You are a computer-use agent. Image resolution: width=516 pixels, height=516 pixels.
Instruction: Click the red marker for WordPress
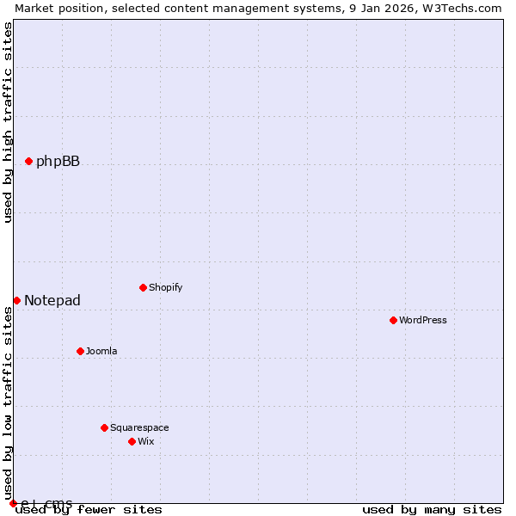[393, 320]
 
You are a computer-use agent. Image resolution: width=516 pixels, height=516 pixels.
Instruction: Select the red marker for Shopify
[143, 287]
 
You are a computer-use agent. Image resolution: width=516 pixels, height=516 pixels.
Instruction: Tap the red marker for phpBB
[28, 161]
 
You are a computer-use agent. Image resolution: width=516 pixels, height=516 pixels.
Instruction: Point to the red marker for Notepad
[16, 300]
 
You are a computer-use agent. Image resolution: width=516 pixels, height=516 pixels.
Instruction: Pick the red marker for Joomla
[80, 351]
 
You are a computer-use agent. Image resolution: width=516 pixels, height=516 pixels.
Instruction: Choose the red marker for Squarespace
[104, 427]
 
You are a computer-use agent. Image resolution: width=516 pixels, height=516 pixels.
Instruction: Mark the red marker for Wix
[132, 441]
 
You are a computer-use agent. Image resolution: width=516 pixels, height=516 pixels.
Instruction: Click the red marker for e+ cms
[13, 503]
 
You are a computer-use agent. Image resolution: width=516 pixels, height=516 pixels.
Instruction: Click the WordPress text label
[423, 320]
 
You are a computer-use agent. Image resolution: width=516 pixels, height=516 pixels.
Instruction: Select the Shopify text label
[166, 287]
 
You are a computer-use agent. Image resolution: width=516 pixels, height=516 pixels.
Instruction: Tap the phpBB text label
[58, 161]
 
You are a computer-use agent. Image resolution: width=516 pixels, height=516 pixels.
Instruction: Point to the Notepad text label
[52, 300]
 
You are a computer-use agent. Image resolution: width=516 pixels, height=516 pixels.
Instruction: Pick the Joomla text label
[101, 351]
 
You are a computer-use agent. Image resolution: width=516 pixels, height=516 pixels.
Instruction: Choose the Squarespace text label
[139, 427]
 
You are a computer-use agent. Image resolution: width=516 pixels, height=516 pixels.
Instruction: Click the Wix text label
[146, 441]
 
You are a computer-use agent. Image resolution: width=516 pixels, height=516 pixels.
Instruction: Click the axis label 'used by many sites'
[432, 509]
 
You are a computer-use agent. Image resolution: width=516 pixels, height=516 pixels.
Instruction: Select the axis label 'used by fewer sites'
[89, 509]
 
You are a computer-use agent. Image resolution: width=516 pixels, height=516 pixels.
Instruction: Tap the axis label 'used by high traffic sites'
[8, 122]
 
